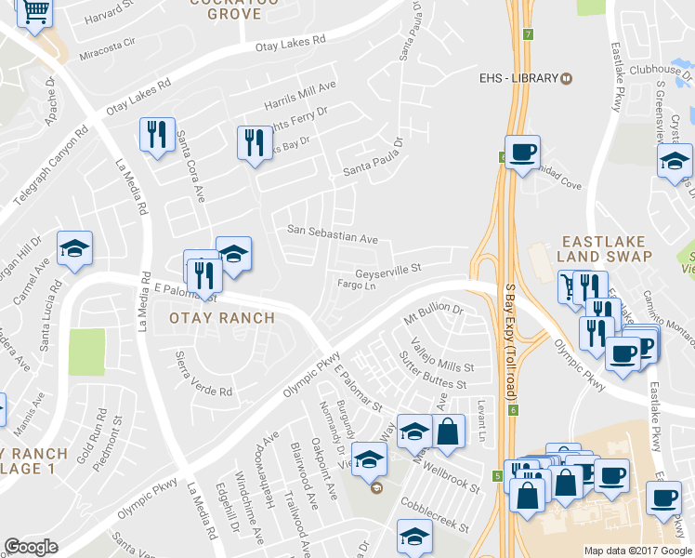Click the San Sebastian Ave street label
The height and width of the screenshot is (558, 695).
pos(332,232)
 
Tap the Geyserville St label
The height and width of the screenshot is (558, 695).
pos(389,269)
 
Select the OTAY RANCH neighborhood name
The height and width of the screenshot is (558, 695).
pos(222,318)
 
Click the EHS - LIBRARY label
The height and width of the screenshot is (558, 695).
pos(518,77)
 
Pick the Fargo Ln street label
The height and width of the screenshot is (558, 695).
pos(358,286)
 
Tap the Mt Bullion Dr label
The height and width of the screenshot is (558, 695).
pos(433,312)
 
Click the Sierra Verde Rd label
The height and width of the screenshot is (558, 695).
pos(203,374)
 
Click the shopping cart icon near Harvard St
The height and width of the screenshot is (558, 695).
pos(35,12)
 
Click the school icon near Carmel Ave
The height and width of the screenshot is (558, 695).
pos(74,248)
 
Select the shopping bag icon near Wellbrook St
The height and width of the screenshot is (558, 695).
pos(448,432)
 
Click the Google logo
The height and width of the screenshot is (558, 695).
pos(33,548)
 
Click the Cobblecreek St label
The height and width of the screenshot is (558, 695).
pos(435,514)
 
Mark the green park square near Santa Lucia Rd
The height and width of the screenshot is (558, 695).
pos(86,352)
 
